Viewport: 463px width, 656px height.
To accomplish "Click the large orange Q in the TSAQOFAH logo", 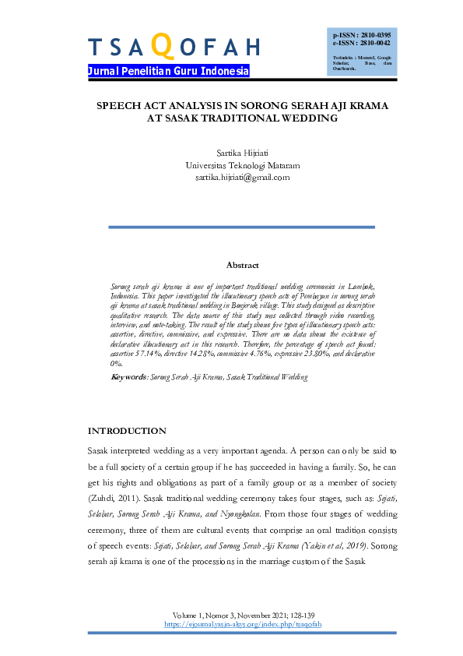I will coord(161,46).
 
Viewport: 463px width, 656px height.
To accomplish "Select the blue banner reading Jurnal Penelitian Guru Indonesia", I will coord(169,71).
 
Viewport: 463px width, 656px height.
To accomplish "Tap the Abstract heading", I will coord(242,266).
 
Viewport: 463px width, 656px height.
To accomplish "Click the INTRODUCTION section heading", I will coord(127,431).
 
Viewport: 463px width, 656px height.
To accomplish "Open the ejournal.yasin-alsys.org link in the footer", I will coord(243,624).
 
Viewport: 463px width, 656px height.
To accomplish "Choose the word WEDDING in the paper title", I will coord(310,119).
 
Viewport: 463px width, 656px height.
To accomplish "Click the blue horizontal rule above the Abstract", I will coord(242,227).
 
